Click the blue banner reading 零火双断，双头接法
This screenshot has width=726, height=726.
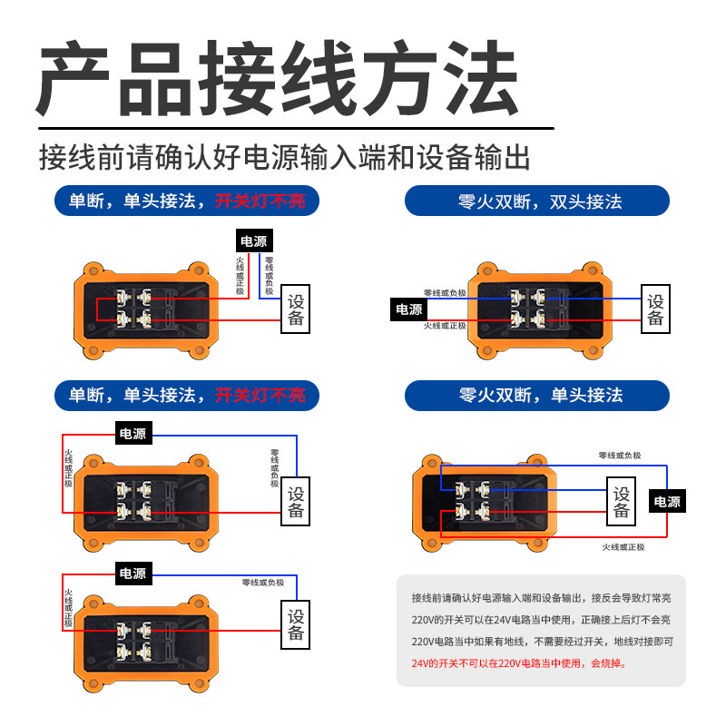537,201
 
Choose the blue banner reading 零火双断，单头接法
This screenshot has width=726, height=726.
537,395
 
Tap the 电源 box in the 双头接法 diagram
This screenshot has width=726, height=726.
408,309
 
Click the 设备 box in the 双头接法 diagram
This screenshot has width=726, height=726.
656,309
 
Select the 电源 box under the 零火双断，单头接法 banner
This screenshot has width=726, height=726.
667,502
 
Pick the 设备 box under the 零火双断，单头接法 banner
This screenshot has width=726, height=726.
622,502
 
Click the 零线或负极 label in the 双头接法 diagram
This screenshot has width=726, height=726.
445,292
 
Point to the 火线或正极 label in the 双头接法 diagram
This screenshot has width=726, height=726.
445,326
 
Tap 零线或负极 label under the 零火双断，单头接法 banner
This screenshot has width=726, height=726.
619,456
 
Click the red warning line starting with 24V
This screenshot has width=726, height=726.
518,663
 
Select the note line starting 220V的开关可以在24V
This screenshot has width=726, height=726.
541,620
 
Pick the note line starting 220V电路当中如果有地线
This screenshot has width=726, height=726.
542,642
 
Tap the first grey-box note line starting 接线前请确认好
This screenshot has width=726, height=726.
541,598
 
